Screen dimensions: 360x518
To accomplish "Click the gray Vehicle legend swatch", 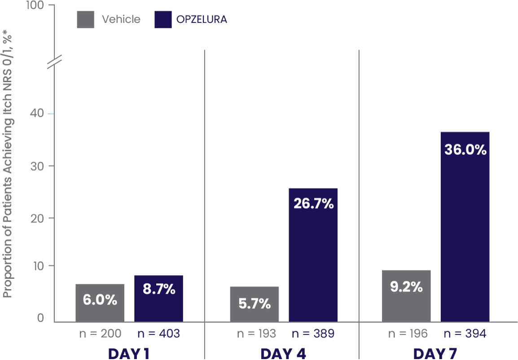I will pos(85,19).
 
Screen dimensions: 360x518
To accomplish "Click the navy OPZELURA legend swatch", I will pos(163,19).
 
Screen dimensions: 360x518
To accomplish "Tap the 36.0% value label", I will pos(465,149).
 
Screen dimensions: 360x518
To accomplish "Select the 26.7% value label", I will pos(313,203).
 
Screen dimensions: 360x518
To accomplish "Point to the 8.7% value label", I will pos(159,289).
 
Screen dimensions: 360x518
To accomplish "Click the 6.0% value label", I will pos(100,300).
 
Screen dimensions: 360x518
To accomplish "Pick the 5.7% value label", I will pos(254,304).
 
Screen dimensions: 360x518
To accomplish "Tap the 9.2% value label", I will pos(406,287).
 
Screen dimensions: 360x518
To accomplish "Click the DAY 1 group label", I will pos(128,354).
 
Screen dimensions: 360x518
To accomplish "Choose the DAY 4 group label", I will pos(283,354).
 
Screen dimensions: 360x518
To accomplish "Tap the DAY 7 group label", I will pos(435,354).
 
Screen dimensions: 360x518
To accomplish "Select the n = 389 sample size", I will pos(313,334).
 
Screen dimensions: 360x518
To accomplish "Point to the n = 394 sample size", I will pos(465,334).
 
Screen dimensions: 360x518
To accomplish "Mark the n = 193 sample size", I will pos(256,334).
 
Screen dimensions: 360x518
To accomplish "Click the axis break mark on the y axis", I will pos(54,61).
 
